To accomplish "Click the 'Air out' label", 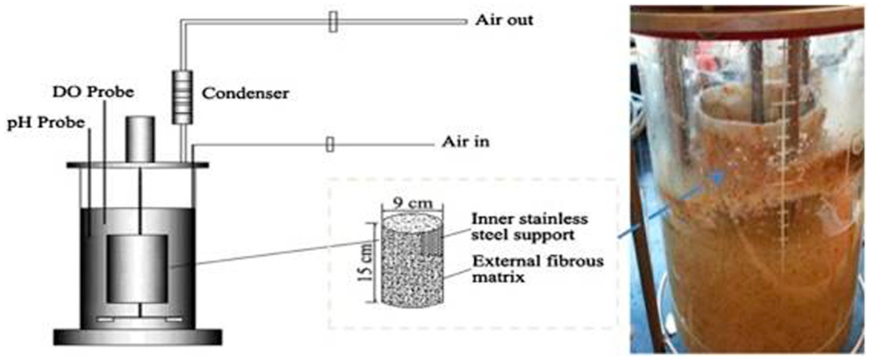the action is click(x=504, y=20).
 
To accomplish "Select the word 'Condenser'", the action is click(x=245, y=94).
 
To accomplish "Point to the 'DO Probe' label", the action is click(x=93, y=92).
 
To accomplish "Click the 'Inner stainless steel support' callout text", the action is click(x=529, y=226).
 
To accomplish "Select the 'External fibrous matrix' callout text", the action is click(x=538, y=269).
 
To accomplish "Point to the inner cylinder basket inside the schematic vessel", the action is click(x=138, y=269).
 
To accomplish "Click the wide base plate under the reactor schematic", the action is click(x=138, y=337).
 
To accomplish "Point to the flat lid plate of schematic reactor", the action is click(x=138, y=165).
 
